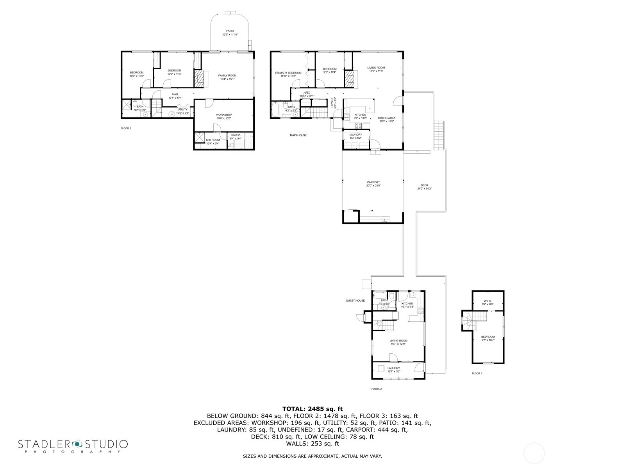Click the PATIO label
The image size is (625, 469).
point(230,31)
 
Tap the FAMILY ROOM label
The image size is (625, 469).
point(227,75)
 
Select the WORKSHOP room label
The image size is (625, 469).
point(224,115)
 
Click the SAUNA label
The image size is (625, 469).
point(236,135)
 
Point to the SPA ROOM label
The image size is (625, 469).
point(213,140)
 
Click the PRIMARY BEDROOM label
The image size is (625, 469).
point(288,73)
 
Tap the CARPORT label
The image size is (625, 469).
point(373,182)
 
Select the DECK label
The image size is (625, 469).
point(424,185)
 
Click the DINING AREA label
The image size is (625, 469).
point(386,118)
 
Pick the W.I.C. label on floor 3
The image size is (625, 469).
point(488,301)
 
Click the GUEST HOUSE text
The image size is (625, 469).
point(355,301)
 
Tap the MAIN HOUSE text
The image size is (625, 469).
point(298,135)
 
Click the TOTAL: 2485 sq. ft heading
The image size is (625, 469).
point(312,409)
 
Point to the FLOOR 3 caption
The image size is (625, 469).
point(477,373)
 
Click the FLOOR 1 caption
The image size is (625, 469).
point(126,128)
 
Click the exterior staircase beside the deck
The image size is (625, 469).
point(439,135)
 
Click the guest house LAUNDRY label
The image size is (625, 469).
point(393,368)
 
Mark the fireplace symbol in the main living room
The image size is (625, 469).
point(348,79)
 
